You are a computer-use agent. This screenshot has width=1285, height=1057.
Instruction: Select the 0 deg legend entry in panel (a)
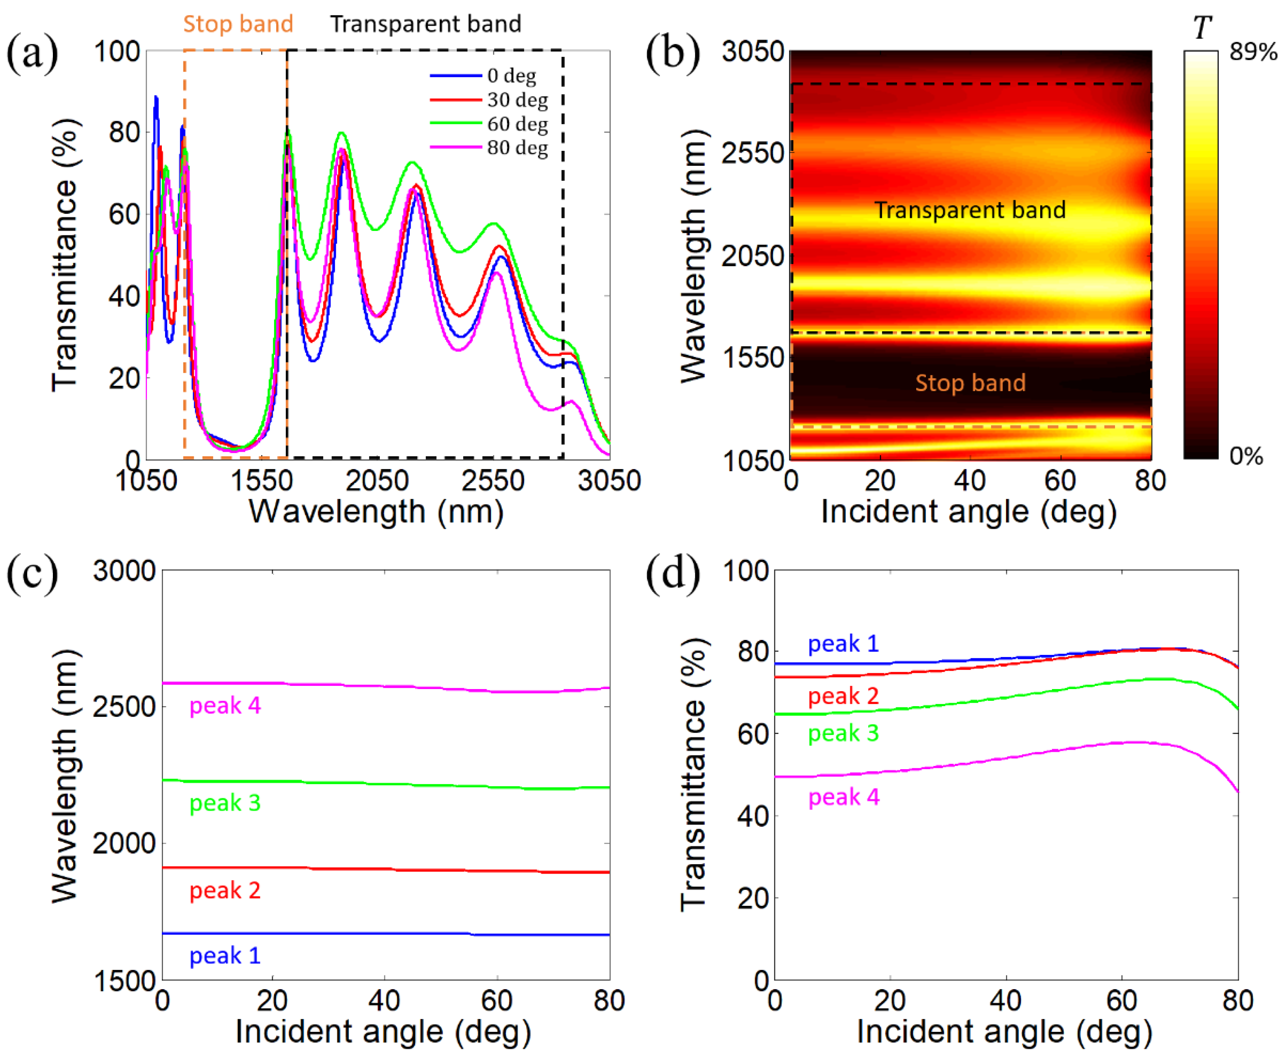(x=512, y=76)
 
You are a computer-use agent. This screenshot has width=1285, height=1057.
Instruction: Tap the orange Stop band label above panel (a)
(x=238, y=24)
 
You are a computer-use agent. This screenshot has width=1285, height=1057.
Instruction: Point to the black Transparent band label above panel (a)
(x=426, y=24)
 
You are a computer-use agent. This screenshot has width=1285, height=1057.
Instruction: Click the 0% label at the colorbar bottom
(x=1246, y=455)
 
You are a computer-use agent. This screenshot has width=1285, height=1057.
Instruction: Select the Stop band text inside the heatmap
(x=970, y=383)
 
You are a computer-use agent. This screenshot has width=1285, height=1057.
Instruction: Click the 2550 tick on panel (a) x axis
(x=493, y=481)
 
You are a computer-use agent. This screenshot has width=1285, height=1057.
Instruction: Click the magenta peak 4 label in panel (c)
(x=225, y=705)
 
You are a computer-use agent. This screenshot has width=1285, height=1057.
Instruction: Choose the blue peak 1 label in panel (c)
(x=225, y=955)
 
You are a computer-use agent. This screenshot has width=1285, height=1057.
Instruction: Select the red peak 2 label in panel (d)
(x=843, y=695)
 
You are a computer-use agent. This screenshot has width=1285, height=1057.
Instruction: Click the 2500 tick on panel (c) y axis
(x=124, y=707)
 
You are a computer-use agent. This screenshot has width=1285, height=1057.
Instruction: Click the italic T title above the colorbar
(x=1202, y=27)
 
